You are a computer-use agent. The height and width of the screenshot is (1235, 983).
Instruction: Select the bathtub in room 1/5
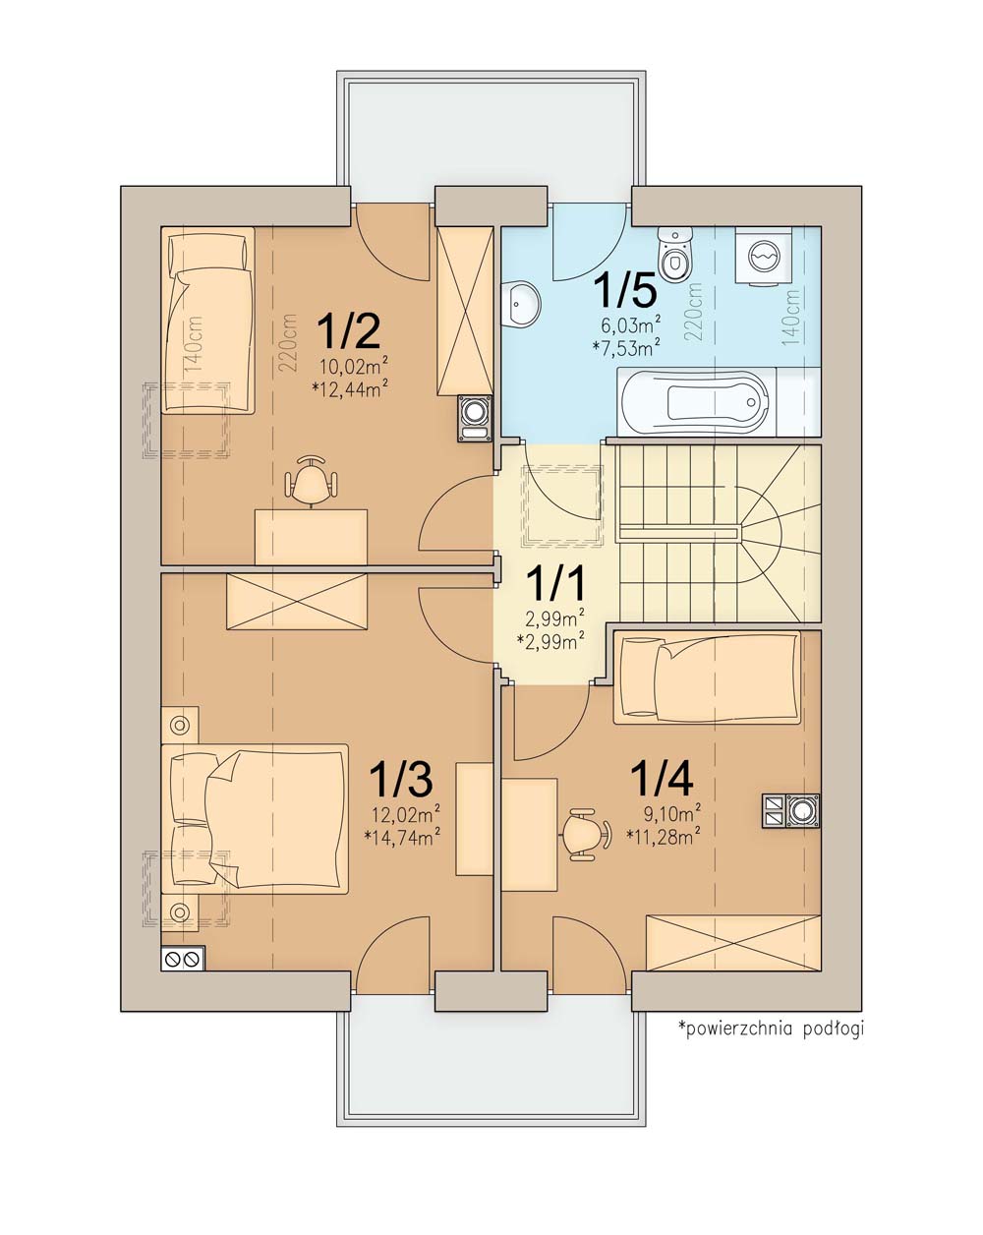(x=718, y=402)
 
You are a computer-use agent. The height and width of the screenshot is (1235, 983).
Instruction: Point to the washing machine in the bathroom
(x=764, y=256)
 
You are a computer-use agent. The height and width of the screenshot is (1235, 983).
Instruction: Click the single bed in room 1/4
(x=707, y=677)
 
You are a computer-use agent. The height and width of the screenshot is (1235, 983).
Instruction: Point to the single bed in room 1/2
(x=208, y=320)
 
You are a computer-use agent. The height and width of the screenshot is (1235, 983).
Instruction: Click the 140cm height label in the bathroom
(x=791, y=318)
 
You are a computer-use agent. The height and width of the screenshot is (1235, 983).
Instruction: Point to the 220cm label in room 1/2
(x=289, y=342)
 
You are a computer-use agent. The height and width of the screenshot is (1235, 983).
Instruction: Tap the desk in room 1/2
(x=311, y=537)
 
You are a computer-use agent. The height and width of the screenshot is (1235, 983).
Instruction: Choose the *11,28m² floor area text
(x=664, y=837)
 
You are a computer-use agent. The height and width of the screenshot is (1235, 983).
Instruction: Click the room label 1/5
(x=625, y=290)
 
